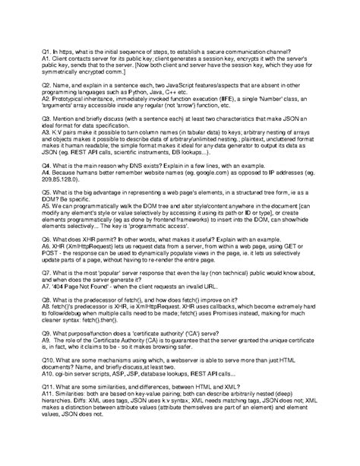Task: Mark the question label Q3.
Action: coord(47,141)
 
